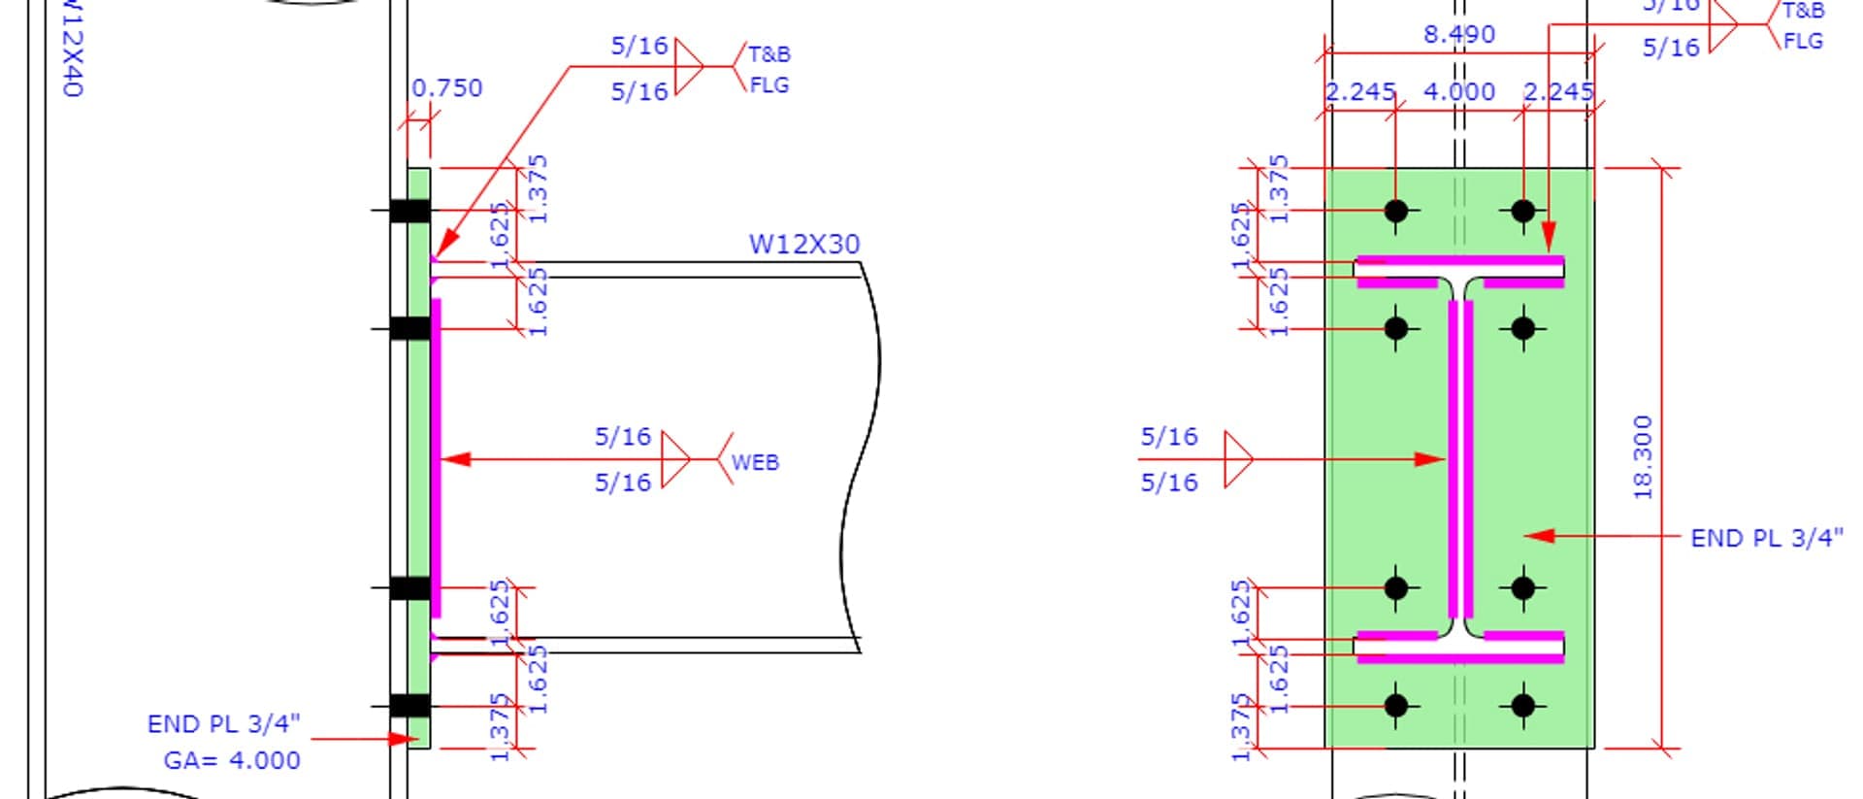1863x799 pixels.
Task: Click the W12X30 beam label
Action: (803, 244)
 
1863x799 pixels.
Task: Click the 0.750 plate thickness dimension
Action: (446, 88)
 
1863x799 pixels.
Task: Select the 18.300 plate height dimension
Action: (1642, 457)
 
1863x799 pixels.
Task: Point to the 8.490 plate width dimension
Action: (1458, 35)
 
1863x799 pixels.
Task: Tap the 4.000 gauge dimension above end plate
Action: (1458, 92)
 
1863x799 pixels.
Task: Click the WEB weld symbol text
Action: (755, 462)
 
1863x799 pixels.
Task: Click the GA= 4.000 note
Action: (232, 760)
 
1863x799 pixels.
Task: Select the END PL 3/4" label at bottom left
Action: (223, 724)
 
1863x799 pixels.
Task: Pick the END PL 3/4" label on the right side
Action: (1766, 538)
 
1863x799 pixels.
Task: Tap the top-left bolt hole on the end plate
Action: (1395, 210)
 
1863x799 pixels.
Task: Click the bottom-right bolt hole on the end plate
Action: (1522, 706)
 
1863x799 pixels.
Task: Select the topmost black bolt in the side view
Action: (410, 210)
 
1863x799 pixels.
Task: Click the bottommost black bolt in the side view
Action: (410, 706)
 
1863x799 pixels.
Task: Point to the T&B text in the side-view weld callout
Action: (768, 53)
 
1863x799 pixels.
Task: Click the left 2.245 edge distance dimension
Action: (1360, 92)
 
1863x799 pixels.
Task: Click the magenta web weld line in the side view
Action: (437, 456)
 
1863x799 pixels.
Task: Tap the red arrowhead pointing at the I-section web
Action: (1430, 459)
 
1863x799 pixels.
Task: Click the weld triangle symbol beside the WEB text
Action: (675, 459)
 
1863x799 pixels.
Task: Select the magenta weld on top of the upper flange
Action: (1458, 260)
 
